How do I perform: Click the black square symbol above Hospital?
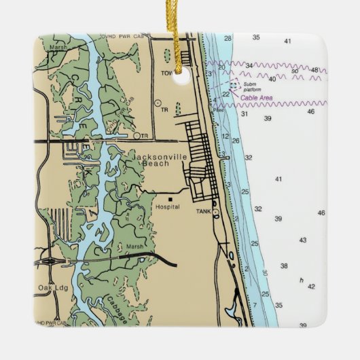(170, 199)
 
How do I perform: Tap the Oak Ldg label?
(49, 287)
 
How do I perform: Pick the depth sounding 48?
(314, 70)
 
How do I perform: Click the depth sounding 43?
(302, 240)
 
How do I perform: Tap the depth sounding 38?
(284, 266)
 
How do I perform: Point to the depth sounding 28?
(228, 39)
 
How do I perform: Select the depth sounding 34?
(249, 66)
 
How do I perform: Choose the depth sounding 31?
(244, 114)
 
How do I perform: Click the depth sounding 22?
(226, 94)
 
